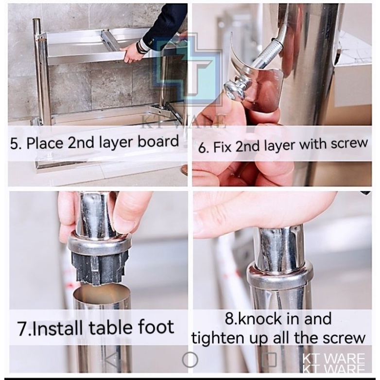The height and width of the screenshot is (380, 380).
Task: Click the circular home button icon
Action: click(x=190, y=360)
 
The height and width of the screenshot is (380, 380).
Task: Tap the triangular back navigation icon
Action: click(x=112, y=359)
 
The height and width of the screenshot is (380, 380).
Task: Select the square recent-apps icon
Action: click(x=270, y=360)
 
